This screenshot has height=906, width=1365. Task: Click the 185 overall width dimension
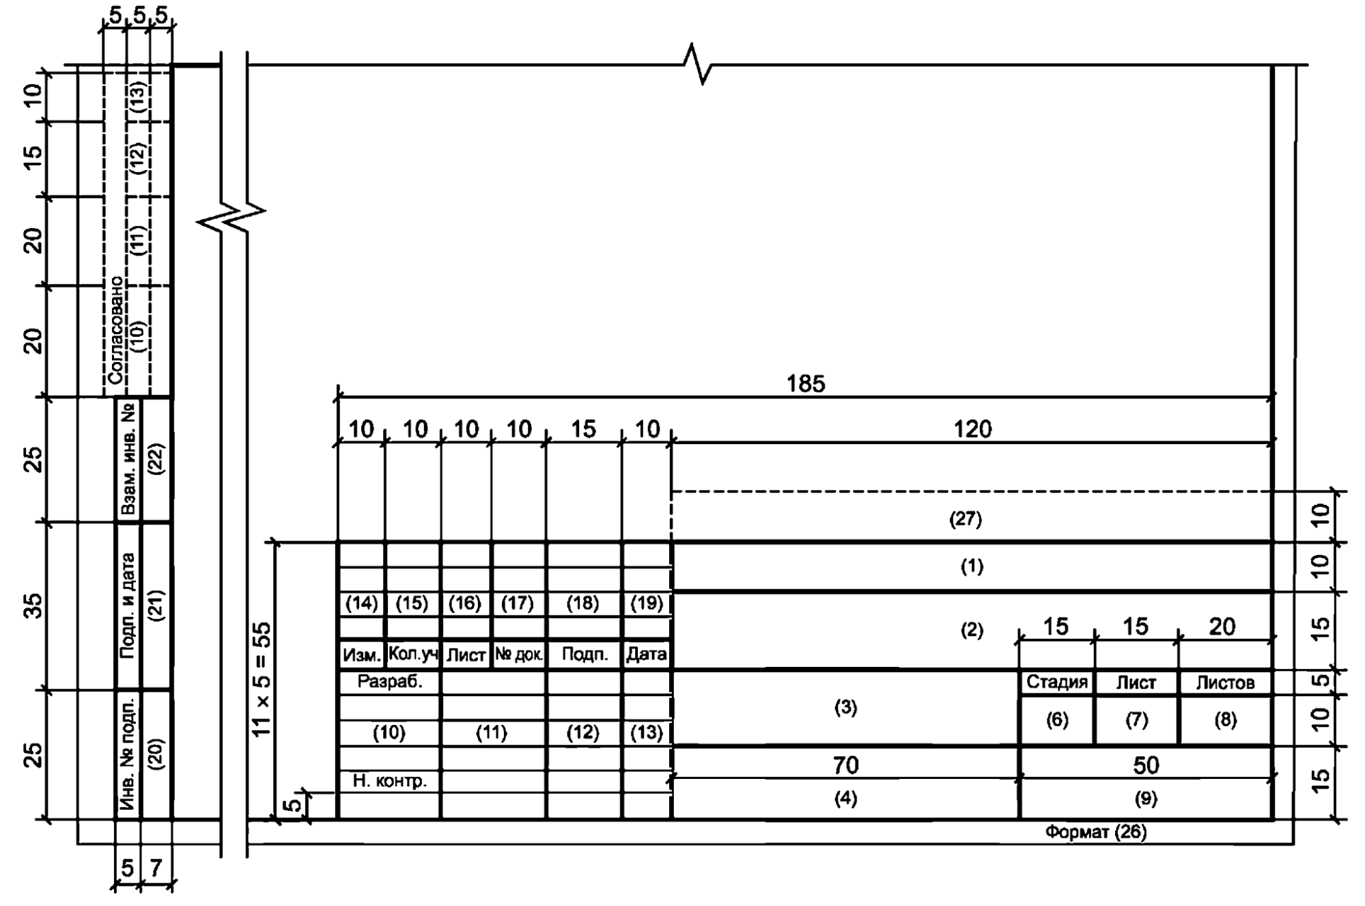pos(806,384)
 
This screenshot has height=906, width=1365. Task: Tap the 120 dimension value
pos(972,429)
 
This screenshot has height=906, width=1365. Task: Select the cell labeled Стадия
pos(1056,682)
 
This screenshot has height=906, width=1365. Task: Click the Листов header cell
pos(1226,682)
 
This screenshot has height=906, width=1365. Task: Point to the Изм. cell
pos(361,655)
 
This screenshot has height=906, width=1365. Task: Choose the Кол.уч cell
pos(412,654)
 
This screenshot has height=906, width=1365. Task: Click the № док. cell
pos(519,655)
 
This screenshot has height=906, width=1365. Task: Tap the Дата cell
pos(646,655)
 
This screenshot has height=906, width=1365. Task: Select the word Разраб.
pos(390,681)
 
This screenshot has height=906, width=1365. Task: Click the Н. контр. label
pos(390,780)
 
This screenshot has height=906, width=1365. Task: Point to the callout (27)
pos(966,519)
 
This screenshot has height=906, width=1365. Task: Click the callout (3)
pos(845,708)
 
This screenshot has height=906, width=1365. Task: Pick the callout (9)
pos(1145,798)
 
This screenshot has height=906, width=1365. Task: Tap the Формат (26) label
pos(1096,832)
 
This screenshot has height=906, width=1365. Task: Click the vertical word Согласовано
pos(116,329)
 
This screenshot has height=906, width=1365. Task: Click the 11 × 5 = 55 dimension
pos(262,679)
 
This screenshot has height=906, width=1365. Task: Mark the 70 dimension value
pos(845,765)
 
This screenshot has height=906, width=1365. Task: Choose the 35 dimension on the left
pos(33,606)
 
